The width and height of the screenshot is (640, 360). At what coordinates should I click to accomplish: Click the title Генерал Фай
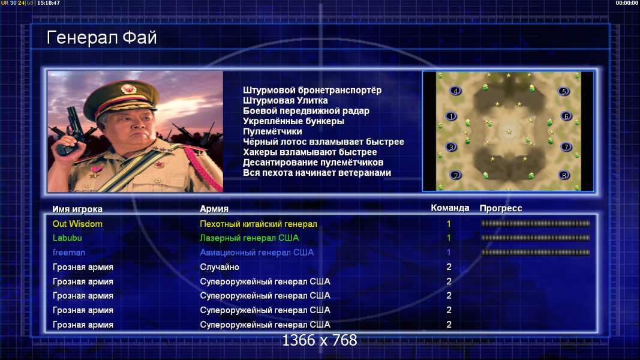pos(101,38)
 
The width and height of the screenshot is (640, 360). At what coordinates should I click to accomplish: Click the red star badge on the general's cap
pos(128,89)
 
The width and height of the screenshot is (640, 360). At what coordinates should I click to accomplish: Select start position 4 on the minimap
pos(455,91)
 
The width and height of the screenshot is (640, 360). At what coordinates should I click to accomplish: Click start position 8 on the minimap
pos(564,175)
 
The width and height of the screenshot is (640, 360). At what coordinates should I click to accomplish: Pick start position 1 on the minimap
pos(450,116)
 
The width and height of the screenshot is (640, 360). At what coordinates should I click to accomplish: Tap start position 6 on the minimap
pos(566,116)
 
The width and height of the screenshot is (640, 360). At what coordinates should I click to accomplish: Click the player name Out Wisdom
pos(77,224)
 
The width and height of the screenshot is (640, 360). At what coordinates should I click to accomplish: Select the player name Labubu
pos(67,238)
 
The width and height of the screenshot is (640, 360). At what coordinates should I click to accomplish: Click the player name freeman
pos(69,253)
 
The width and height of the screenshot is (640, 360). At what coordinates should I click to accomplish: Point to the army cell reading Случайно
pos(220,268)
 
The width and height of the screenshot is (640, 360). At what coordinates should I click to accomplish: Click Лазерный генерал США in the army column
pos(250,238)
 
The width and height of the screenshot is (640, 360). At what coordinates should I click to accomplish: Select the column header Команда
pos(450,208)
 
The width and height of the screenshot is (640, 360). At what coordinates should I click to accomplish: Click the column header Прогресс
pos(501,208)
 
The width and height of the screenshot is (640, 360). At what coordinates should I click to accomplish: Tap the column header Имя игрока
pos(77,209)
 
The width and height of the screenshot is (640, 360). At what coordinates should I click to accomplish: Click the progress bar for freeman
pos(536,253)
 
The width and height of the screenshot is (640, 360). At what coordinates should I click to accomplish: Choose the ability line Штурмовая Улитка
pos(286,100)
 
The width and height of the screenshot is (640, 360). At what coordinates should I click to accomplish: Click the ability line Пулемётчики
pos(273,131)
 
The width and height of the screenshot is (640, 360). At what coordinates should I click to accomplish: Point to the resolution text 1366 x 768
pos(320,340)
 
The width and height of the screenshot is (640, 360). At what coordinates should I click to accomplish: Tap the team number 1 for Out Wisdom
pos(449,224)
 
